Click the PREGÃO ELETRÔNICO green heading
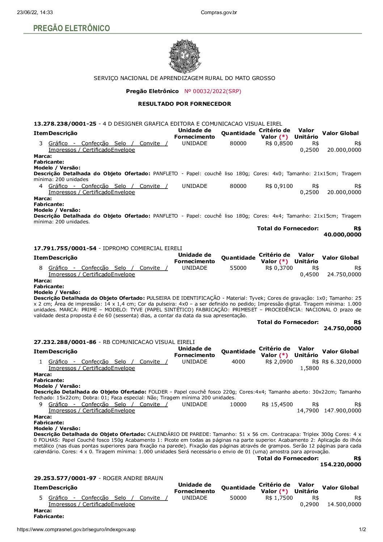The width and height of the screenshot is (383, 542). pyautogui.click(x=71, y=28)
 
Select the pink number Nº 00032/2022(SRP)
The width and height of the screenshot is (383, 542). pyautogui.click(x=212, y=91)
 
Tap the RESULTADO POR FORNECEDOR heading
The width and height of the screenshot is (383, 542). pyautogui.click(x=184, y=104)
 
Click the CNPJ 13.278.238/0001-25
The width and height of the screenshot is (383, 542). pyautogui.click(x=65, y=124)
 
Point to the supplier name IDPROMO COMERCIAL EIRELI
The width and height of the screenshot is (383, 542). pyautogui.click(x=142, y=248)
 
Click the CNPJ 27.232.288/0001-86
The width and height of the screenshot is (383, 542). pyautogui.click(x=65, y=342)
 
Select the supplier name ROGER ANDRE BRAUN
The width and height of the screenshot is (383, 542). pyautogui.click(x=133, y=478)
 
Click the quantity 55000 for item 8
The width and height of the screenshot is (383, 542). pyautogui.click(x=238, y=268)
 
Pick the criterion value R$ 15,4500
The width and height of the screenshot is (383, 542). pyautogui.click(x=277, y=404)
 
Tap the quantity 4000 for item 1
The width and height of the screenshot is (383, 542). pyautogui.click(x=238, y=362)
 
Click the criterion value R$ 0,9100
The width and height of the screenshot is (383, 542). pyautogui.click(x=279, y=186)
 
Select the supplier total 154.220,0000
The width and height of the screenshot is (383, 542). pyautogui.click(x=341, y=465)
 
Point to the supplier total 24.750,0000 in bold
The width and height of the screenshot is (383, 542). pyautogui.click(x=342, y=328)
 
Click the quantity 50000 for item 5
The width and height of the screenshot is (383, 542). pyautogui.click(x=238, y=498)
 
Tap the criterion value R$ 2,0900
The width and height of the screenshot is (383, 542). pyautogui.click(x=279, y=362)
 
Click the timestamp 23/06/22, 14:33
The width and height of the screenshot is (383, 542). pyautogui.click(x=35, y=12)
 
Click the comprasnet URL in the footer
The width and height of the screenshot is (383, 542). pyautogui.click(x=76, y=529)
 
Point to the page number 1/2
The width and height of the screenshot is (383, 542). pyautogui.click(x=362, y=529)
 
